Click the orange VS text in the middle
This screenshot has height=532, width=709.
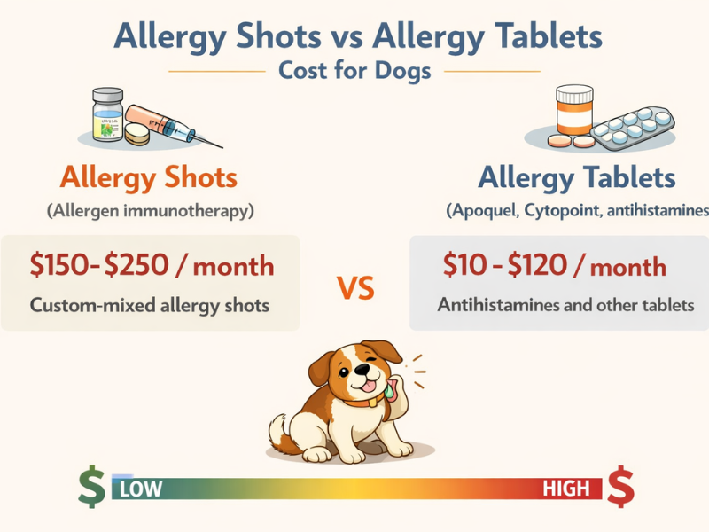tap(354, 288)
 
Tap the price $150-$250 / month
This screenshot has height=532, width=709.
tap(152, 265)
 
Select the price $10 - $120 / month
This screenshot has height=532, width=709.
tap(554, 265)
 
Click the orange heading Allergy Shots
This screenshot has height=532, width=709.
tap(148, 177)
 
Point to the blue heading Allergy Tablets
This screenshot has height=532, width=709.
tap(576, 177)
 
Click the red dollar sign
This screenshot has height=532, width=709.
tap(621, 486)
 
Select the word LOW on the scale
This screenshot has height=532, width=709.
tap(139, 489)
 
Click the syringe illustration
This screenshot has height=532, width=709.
tap(174, 123)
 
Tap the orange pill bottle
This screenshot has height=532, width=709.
tap(574, 113)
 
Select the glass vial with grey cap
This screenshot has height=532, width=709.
tap(107, 115)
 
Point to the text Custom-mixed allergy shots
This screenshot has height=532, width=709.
tap(150, 305)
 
